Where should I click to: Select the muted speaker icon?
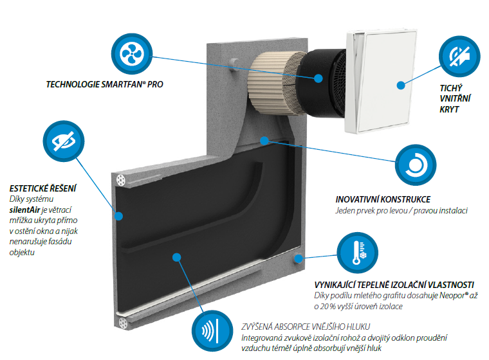(x=459, y=57)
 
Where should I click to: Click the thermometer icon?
(x=357, y=254)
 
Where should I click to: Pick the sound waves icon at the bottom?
(x=212, y=333)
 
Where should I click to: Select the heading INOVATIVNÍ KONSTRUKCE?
(x=383, y=200)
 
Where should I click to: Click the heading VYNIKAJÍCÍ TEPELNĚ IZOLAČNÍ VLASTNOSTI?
(x=394, y=285)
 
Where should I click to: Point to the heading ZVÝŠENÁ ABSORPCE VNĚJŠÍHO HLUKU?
(x=305, y=326)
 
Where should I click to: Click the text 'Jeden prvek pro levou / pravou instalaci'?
(x=401, y=211)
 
